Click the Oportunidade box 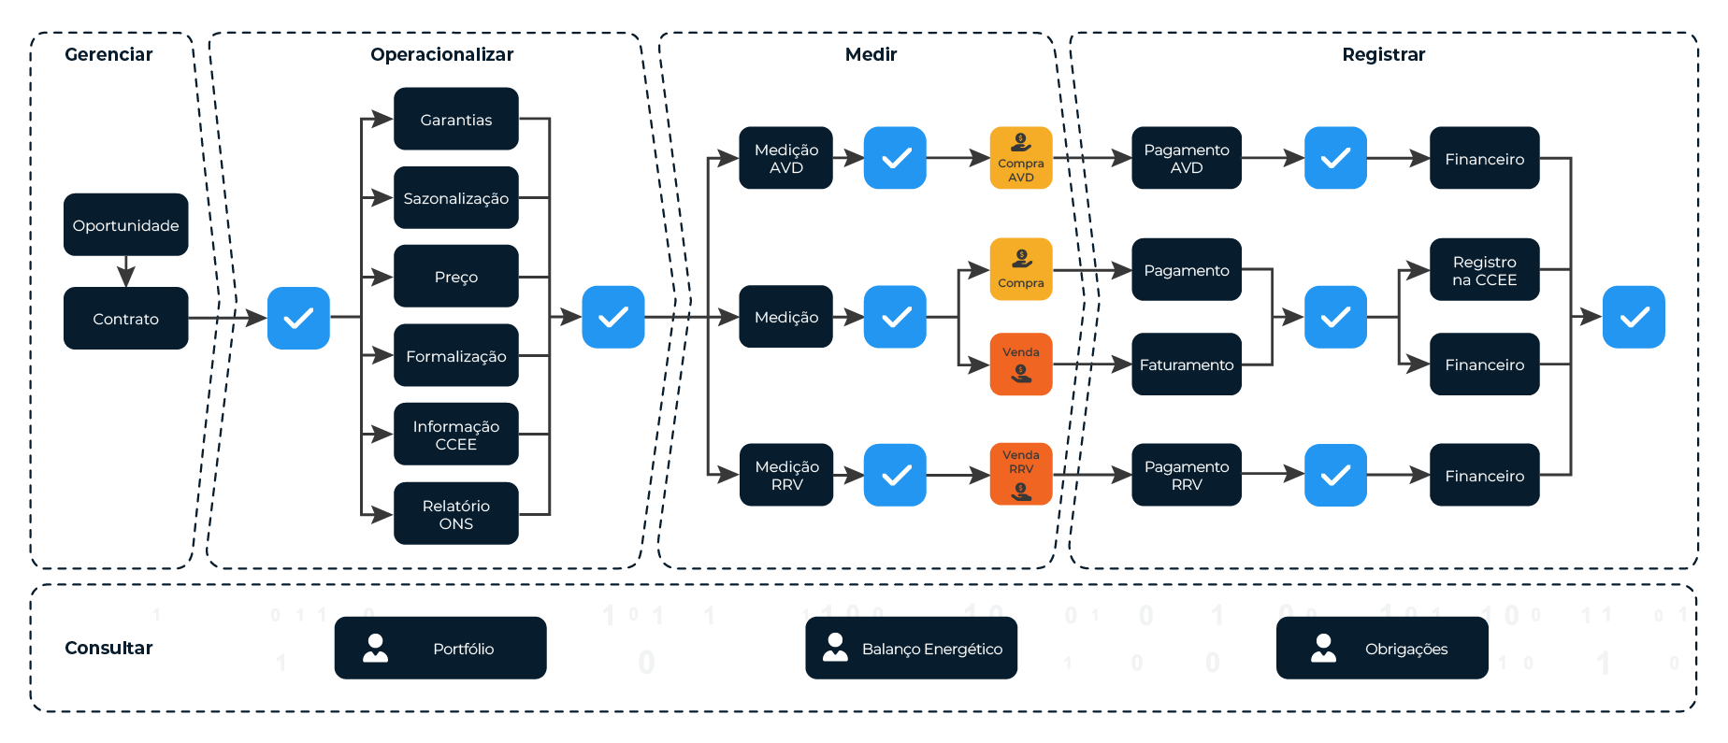click(x=126, y=224)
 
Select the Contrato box click(x=126, y=319)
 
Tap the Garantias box click(x=456, y=119)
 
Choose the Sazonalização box click(x=456, y=198)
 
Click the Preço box click(x=456, y=277)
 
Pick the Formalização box click(x=456, y=355)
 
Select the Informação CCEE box click(x=456, y=435)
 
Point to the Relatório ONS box click(x=456, y=513)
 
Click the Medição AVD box click(x=786, y=158)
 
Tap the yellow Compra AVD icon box click(x=1021, y=158)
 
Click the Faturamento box click(x=1187, y=364)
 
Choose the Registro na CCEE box click(x=1485, y=270)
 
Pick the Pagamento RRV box click(x=1187, y=475)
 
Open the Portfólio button click(x=440, y=648)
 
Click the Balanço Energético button click(x=912, y=648)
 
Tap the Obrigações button click(x=1382, y=648)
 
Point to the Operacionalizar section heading click(x=442, y=54)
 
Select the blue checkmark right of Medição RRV click(x=895, y=475)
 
